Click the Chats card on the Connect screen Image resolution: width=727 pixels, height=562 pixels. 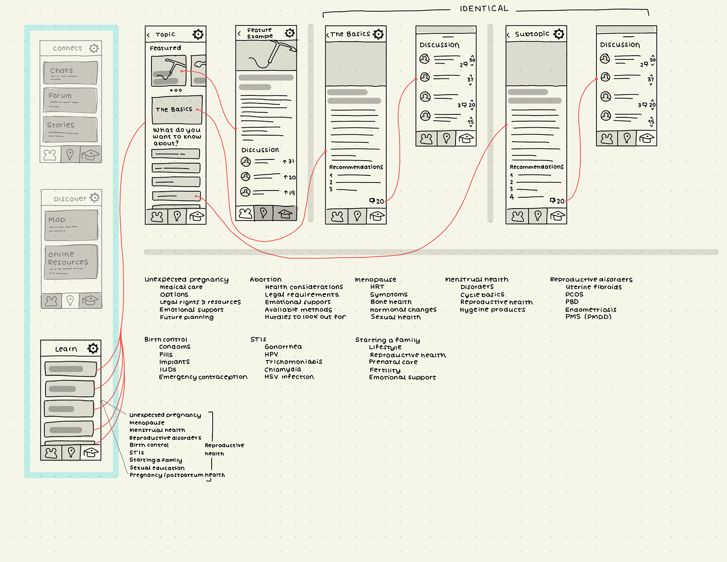70,73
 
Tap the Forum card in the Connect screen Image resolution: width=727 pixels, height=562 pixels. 70,100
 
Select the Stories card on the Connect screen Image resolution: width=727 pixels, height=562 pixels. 70,129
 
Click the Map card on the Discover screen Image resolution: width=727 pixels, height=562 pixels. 71,225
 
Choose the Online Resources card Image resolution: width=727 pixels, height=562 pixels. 71,262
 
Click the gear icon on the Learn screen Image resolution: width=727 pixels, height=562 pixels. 93,348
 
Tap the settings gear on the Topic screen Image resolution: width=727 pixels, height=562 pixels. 198,34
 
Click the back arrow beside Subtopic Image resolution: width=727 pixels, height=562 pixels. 508,35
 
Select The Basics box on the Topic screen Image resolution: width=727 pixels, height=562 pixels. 177,110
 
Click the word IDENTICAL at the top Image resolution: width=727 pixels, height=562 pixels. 484,9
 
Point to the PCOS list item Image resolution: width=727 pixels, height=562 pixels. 574,294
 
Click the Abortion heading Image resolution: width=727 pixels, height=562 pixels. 265,279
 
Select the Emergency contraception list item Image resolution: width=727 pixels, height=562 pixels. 203,377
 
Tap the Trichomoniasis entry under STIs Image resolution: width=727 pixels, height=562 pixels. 293,362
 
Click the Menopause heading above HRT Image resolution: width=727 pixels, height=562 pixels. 375,279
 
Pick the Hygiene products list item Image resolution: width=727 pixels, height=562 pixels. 492,309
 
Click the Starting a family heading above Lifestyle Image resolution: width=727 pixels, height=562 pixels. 387,340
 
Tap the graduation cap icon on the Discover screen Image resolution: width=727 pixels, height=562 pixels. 90,301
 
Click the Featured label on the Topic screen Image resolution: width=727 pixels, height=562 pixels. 165,48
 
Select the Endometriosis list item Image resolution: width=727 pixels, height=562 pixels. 590,309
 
